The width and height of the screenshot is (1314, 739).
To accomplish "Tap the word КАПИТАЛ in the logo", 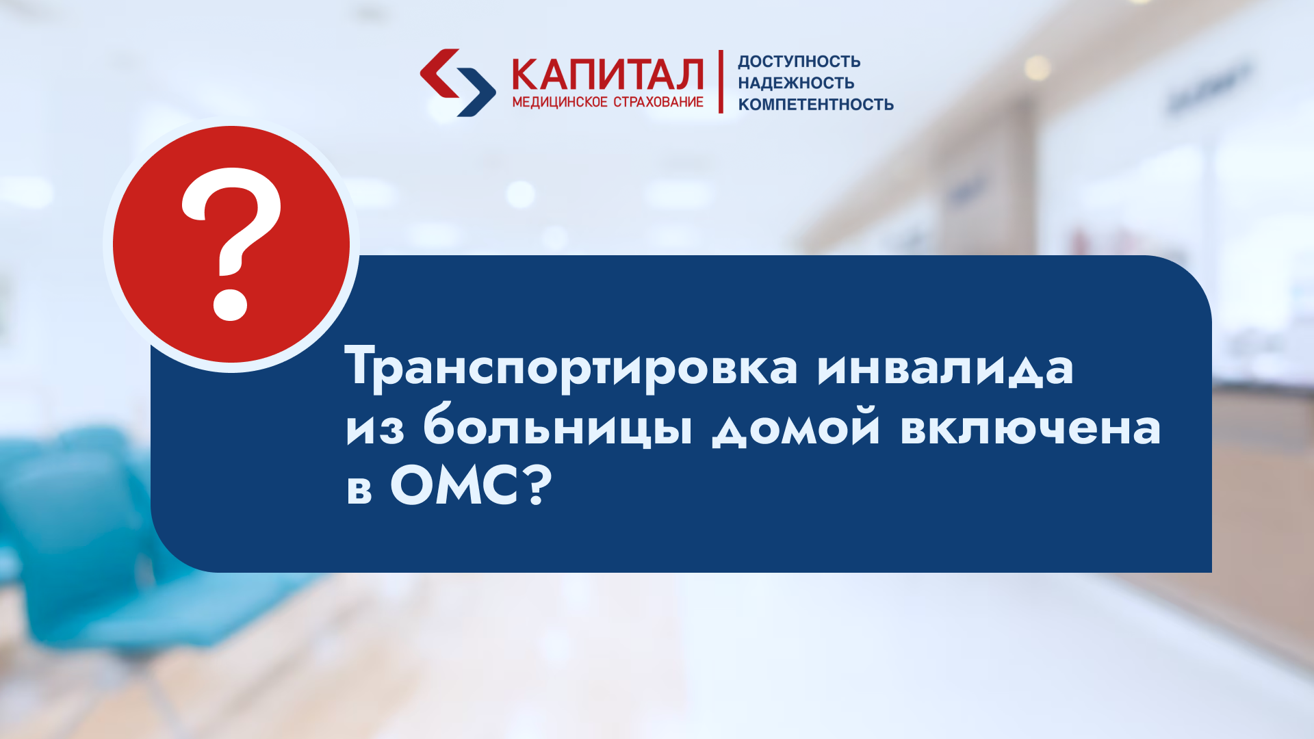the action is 608,75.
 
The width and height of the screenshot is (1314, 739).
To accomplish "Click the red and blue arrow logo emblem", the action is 457,82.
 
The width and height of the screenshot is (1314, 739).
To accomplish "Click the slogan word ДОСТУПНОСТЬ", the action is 799,62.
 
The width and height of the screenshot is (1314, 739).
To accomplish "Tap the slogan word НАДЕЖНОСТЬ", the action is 796,83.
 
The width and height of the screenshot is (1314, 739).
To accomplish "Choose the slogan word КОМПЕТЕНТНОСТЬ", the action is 816,105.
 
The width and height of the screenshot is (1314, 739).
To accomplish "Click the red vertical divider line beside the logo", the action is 721,81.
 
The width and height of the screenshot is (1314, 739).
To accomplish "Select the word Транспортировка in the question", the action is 571,368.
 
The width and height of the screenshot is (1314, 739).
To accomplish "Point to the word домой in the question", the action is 796,427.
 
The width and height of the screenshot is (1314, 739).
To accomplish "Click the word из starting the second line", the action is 375,428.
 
